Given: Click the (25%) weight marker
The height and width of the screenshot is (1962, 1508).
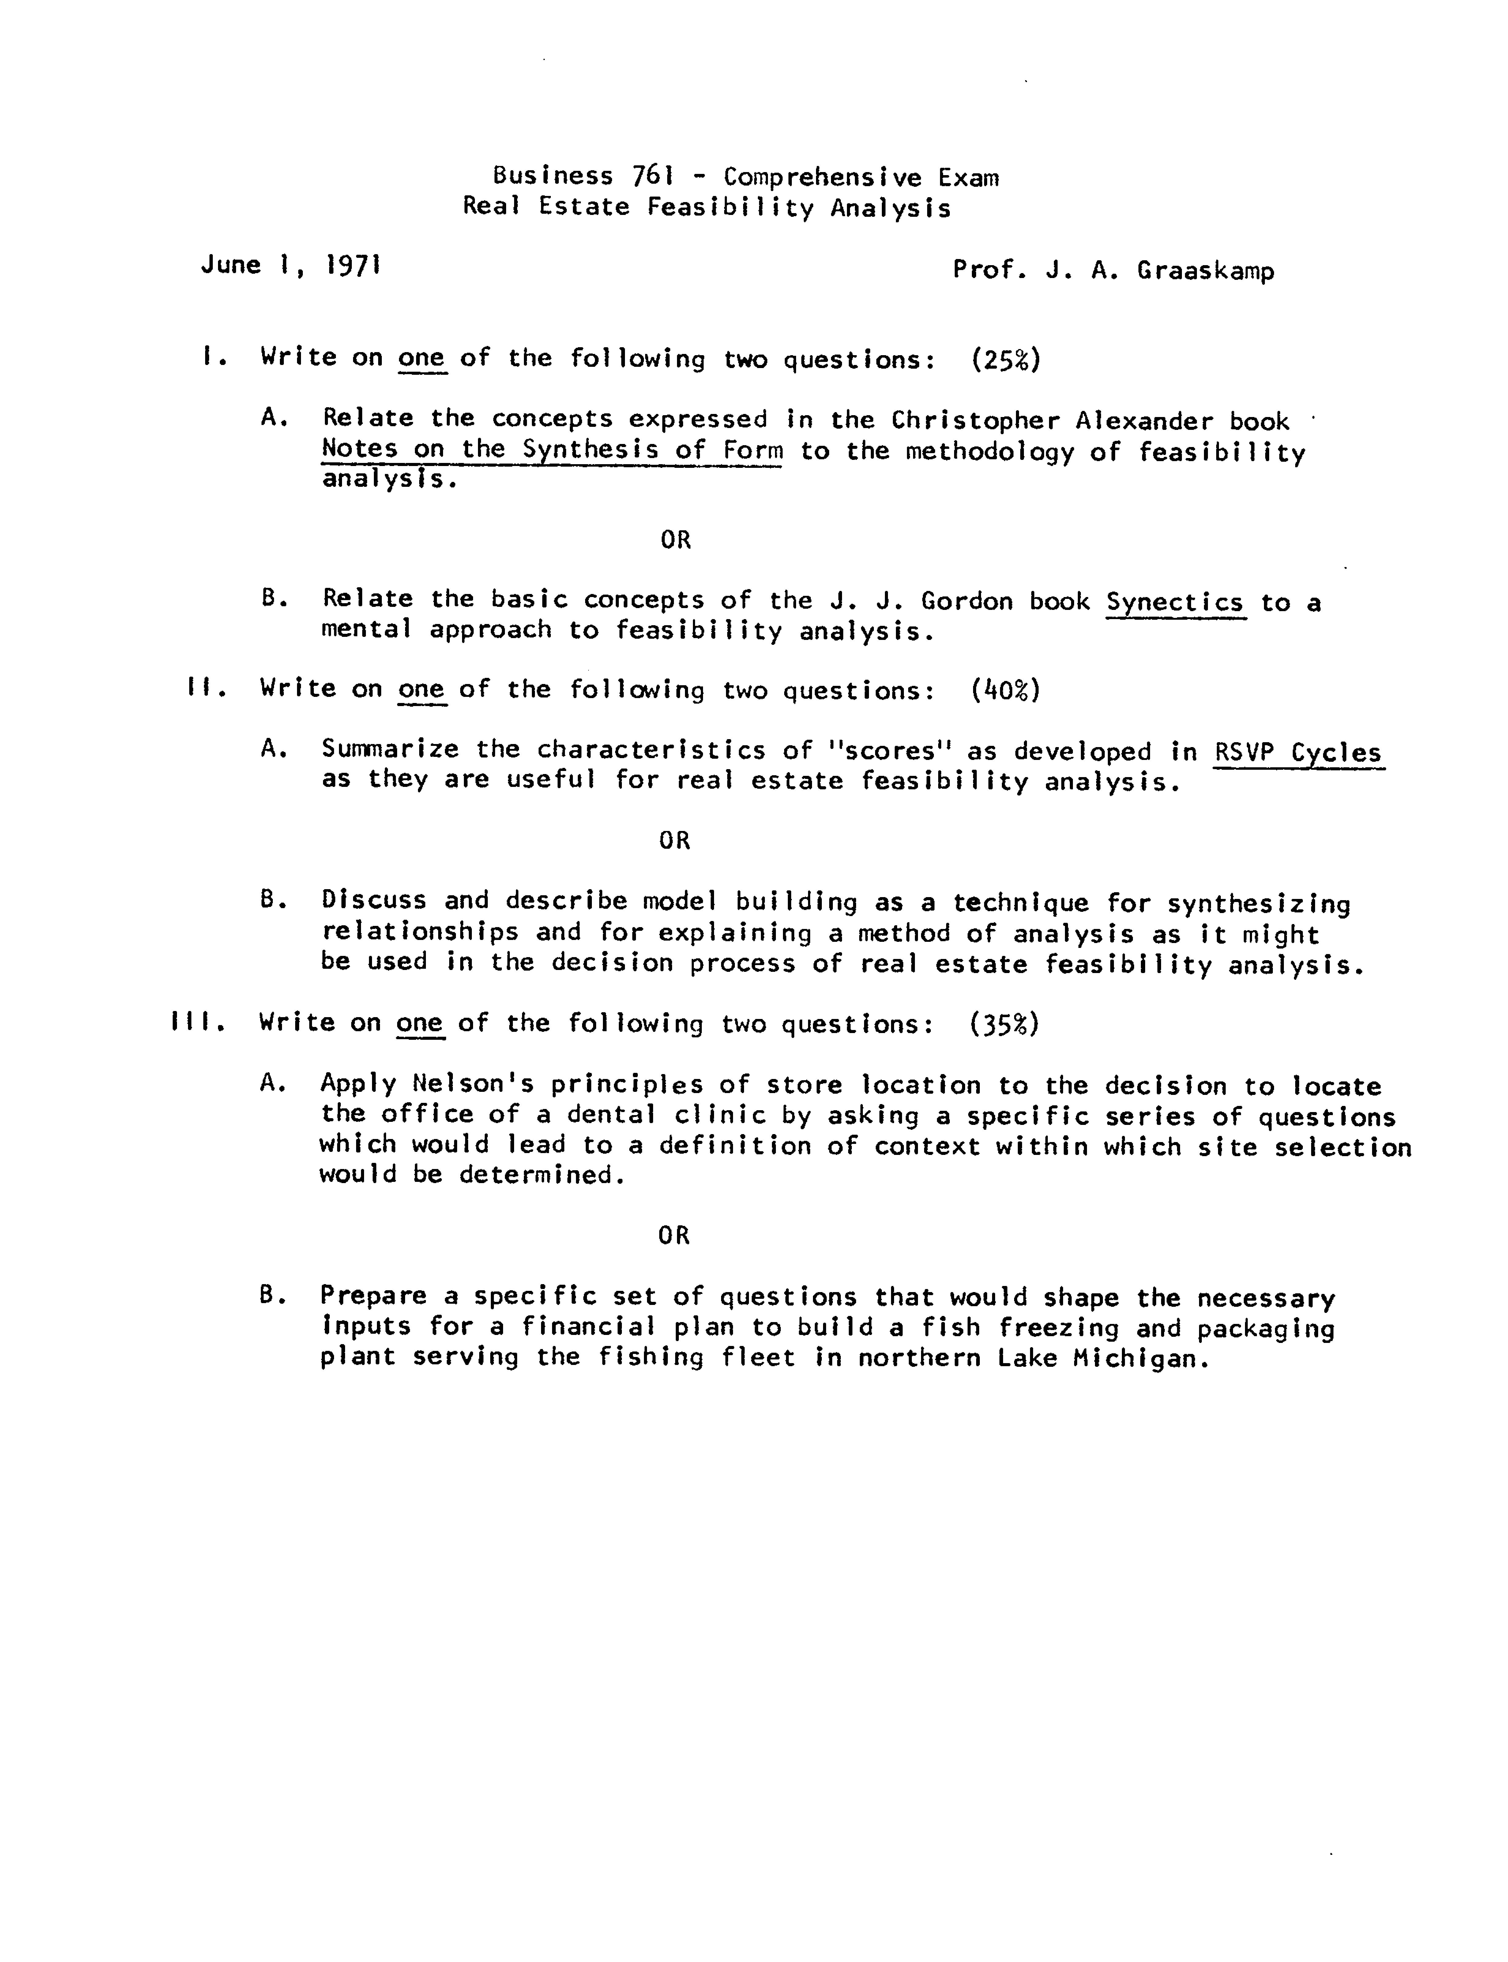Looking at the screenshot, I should coord(1005,359).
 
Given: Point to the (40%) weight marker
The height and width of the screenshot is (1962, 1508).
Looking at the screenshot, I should coord(1005,690).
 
